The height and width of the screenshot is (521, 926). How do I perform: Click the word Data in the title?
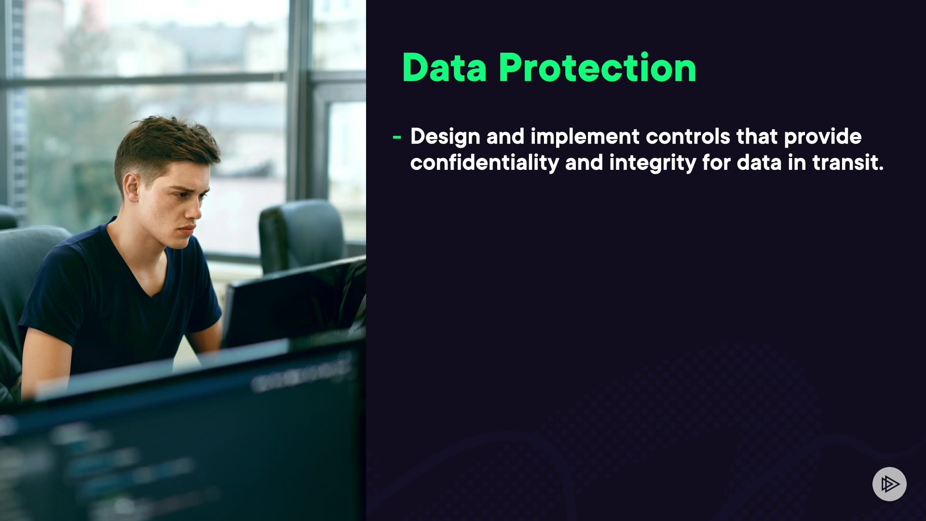tap(444, 68)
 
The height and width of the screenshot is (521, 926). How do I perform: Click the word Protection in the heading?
tap(598, 68)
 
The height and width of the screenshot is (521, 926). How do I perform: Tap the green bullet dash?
tap(397, 137)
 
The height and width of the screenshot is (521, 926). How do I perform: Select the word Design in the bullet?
tap(445, 137)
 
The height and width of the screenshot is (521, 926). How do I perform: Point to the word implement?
tap(585, 137)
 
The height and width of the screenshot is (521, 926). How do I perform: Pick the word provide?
tap(823, 137)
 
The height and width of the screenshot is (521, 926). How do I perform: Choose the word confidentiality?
tap(484, 163)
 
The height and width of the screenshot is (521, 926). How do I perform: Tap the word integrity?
tap(652, 163)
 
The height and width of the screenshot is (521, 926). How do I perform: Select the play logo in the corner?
tap(889, 484)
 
